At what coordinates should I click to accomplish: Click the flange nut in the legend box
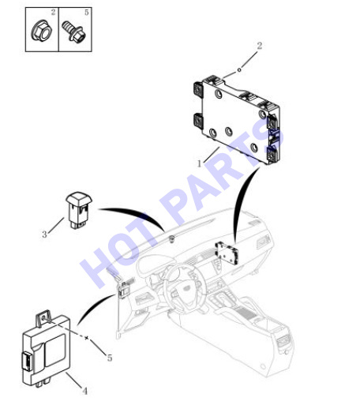tap(42, 31)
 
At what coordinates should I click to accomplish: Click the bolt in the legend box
tap(73, 32)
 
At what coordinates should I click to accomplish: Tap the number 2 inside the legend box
tap(53, 12)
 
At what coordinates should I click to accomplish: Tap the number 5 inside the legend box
tap(87, 12)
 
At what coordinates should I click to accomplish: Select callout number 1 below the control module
tap(199, 163)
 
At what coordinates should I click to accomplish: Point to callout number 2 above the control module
tap(260, 46)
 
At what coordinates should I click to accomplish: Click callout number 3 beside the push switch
tap(44, 234)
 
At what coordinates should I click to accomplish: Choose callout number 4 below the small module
tap(84, 391)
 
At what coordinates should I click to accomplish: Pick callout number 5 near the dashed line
tap(110, 358)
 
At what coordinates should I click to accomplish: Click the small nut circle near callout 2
tap(239, 70)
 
